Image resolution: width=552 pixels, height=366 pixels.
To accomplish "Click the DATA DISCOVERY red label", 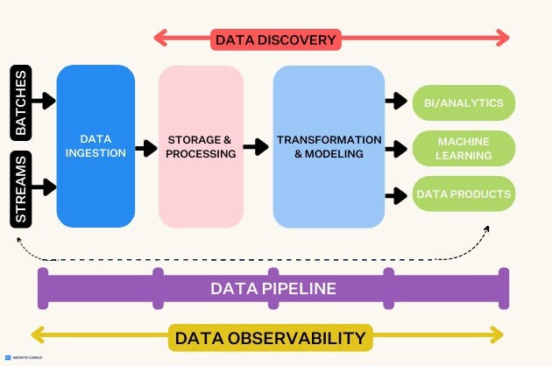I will point(274,39).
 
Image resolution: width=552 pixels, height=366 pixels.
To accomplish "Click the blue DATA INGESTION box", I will point(96,146).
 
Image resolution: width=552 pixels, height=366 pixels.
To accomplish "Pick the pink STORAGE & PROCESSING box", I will point(202,146).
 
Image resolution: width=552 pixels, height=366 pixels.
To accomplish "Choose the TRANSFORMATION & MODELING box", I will point(329,146).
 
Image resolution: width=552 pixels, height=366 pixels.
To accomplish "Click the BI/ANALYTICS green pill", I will point(464,103).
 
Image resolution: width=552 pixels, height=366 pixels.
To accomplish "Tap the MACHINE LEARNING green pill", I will point(464,148).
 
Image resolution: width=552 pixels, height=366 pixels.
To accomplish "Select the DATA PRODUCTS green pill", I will point(464,194).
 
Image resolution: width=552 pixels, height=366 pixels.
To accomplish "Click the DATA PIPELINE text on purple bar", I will point(272,288).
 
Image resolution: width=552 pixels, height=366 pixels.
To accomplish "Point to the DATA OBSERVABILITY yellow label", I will point(270,337).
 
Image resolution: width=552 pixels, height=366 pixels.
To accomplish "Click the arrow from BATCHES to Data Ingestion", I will point(44,102).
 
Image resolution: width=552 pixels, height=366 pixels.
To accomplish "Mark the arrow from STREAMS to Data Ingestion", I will point(44,187).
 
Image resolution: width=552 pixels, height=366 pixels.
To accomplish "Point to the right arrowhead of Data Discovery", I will point(503,37).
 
